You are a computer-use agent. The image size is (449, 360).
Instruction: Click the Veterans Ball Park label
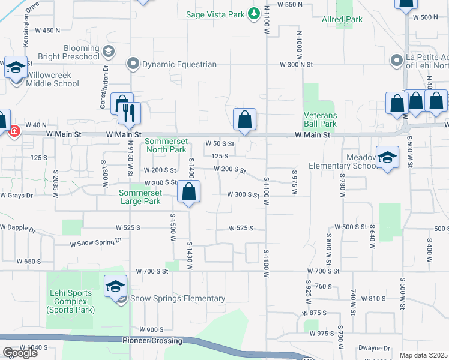tap(320, 119)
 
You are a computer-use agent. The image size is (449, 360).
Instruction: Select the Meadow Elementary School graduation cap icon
tap(388, 157)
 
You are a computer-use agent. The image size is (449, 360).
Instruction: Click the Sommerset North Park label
tap(166, 145)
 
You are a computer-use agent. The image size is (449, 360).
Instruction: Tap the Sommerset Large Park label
tap(140, 197)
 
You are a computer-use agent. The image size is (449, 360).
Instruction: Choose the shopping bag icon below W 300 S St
tap(188, 192)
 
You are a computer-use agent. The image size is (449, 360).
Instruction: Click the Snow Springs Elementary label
tap(178, 298)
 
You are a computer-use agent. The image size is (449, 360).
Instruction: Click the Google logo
tap(20, 352)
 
